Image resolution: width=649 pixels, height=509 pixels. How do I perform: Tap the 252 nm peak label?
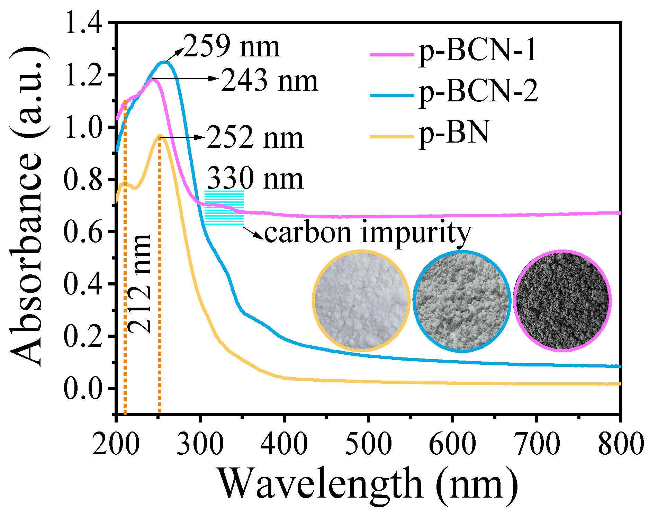(x=255, y=138)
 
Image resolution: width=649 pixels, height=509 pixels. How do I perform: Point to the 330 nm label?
(x=255, y=179)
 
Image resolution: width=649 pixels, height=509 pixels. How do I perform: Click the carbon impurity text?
(x=367, y=232)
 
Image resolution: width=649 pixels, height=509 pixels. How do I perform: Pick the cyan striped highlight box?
(x=224, y=208)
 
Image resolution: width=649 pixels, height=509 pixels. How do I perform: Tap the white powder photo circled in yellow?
(x=361, y=300)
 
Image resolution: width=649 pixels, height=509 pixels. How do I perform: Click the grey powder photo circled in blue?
(x=462, y=301)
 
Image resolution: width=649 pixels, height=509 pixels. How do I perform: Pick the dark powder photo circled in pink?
(x=562, y=300)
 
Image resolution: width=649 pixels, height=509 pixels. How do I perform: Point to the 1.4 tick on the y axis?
(x=83, y=23)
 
